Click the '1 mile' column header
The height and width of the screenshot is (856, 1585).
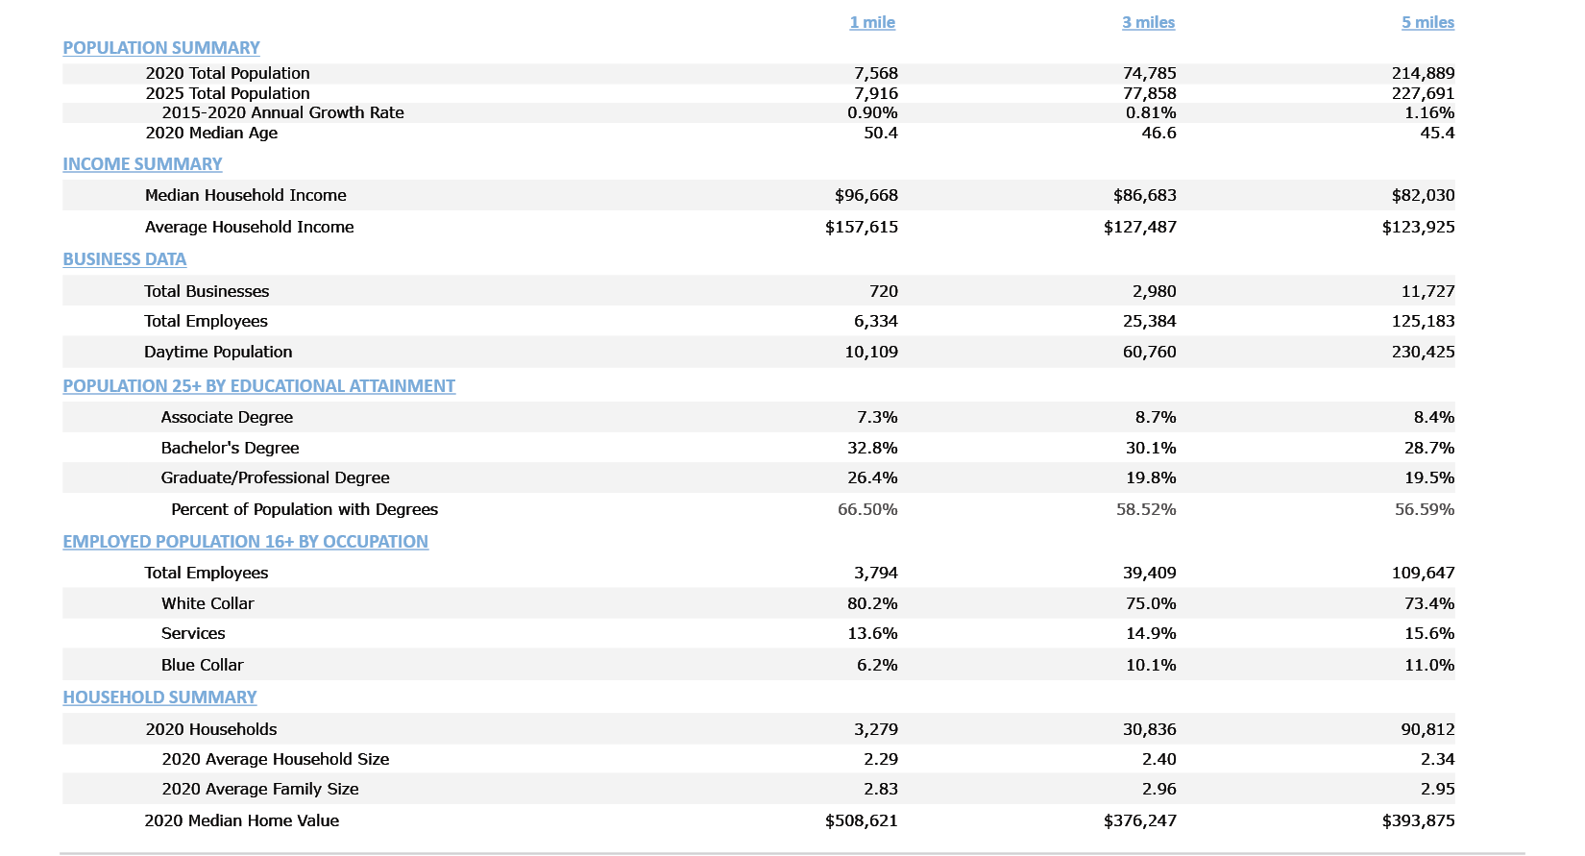(x=872, y=22)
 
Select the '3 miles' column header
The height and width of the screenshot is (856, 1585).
(x=1148, y=22)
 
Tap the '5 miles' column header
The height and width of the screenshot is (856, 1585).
(x=1427, y=22)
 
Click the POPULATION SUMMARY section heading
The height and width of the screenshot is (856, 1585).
(x=161, y=48)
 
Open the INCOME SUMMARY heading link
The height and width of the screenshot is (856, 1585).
(x=142, y=164)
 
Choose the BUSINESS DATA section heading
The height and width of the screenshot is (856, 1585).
(x=125, y=259)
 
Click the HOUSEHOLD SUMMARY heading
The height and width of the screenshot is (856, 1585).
(x=159, y=697)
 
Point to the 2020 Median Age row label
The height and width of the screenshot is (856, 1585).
(x=211, y=133)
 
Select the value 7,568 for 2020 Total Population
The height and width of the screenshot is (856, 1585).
(x=875, y=73)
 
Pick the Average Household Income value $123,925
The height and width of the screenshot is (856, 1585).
(x=1418, y=227)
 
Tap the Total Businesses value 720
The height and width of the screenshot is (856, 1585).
(x=883, y=291)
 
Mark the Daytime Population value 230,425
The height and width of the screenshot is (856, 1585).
(x=1423, y=352)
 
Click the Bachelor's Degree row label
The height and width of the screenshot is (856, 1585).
(x=230, y=448)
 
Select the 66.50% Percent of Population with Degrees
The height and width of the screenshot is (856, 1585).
(x=867, y=509)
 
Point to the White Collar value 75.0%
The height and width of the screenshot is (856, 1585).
(x=1151, y=603)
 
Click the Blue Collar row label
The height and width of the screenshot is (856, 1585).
(x=202, y=665)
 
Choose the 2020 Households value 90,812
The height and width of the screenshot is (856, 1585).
(x=1427, y=729)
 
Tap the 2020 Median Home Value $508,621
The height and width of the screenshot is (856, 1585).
(x=861, y=820)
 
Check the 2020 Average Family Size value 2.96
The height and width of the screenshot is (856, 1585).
(x=1158, y=789)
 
